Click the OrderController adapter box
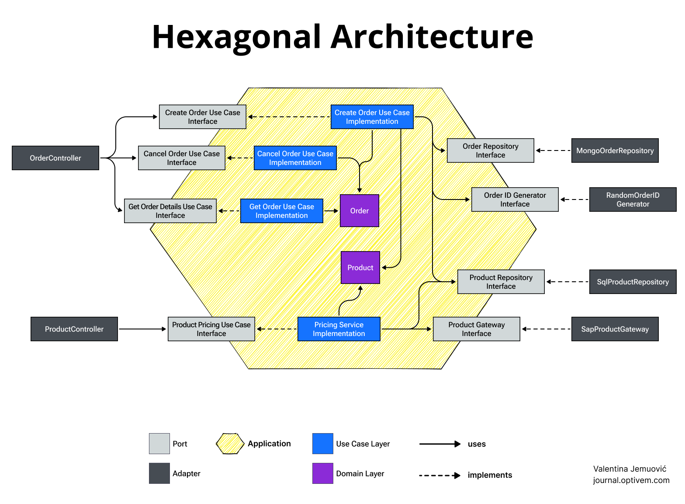coord(55,158)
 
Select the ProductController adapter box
coord(74,329)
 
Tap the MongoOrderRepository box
coord(615,150)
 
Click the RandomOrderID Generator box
coord(633,199)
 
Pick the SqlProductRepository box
coord(633,282)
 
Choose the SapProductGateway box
coord(615,329)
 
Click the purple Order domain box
coord(360,211)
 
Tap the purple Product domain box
coord(360,268)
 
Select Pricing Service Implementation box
coord(339,329)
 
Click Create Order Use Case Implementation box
coord(372,117)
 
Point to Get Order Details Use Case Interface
coord(170,211)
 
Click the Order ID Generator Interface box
coord(515,199)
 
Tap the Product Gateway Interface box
coord(476,329)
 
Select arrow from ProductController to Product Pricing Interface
coord(142,329)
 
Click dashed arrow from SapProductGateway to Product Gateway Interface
coord(546,329)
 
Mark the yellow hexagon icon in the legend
coord(230,444)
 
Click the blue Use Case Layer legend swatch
coord(323,444)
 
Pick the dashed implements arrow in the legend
coord(439,476)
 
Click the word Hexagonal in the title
coord(236,37)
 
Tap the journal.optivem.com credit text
coord(631,480)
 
